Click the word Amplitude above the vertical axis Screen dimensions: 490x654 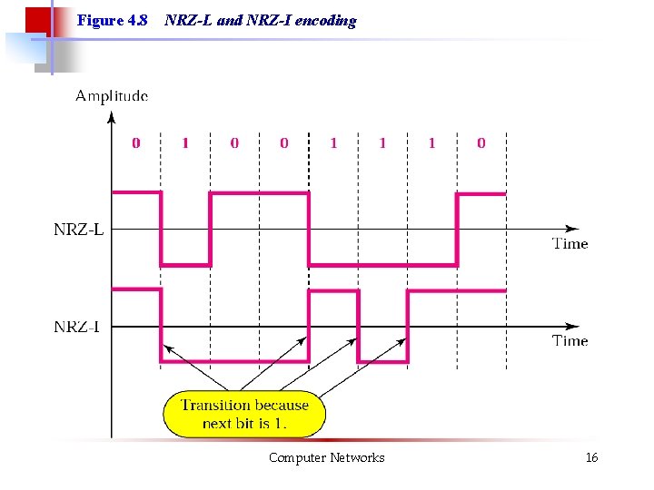[x=111, y=95]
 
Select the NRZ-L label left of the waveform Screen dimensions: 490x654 [x=78, y=230]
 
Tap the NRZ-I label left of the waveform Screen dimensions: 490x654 [x=77, y=326]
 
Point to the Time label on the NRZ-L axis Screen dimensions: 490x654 [x=570, y=243]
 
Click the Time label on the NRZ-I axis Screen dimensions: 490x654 [x=570, y=340]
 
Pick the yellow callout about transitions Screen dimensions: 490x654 [x=244, y=414]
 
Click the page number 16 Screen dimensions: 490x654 [x=591, y=457]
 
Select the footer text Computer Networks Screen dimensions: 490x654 [x=326, y=457]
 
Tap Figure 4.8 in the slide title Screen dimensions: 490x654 [x=113, y=20]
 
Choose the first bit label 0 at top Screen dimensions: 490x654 [x=136, y=142]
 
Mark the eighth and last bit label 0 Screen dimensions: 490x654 [x=481, y=142]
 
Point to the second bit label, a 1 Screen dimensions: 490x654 [x=185, y=142]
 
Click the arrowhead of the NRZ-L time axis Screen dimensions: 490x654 [x=572, y=229]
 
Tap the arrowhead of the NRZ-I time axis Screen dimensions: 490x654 [x=572, y=326]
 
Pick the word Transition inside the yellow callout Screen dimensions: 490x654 [x=218, y=405]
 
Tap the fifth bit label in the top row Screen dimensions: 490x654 [x=333, y=142]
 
